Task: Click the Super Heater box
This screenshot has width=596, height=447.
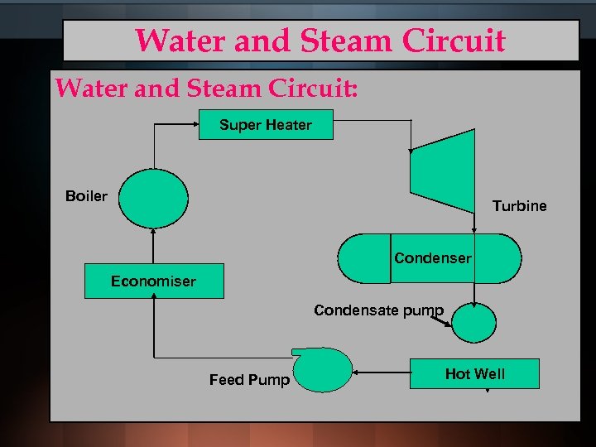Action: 266,125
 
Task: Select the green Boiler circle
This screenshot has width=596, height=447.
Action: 154,198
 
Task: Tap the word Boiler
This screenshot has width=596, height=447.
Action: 86,196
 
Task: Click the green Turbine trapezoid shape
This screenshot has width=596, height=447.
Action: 443,170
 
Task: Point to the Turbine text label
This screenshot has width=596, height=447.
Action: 519,206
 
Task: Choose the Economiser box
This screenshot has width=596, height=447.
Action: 153,281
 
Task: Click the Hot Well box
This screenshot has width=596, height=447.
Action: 475,374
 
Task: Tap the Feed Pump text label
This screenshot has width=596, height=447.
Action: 249,380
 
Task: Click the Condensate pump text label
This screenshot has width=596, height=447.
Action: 378,310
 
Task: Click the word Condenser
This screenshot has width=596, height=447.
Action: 432,258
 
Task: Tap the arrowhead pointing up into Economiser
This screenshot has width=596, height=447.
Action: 154,301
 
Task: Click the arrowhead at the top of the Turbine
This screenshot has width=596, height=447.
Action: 411,151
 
